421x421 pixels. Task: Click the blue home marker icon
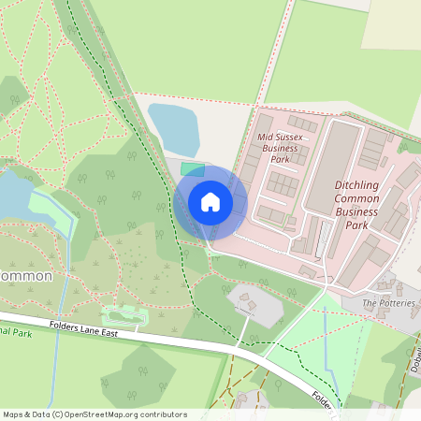coord(210,202)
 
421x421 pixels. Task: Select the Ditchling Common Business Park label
coord(356,205)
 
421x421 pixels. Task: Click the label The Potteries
coord(387,303)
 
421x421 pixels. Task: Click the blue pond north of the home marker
coord(174,127)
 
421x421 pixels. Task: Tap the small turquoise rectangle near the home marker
coord(192,169)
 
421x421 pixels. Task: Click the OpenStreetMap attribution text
coord(94,414)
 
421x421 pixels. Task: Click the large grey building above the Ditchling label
coord(342,151)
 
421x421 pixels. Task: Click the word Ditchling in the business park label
coord(356,185)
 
